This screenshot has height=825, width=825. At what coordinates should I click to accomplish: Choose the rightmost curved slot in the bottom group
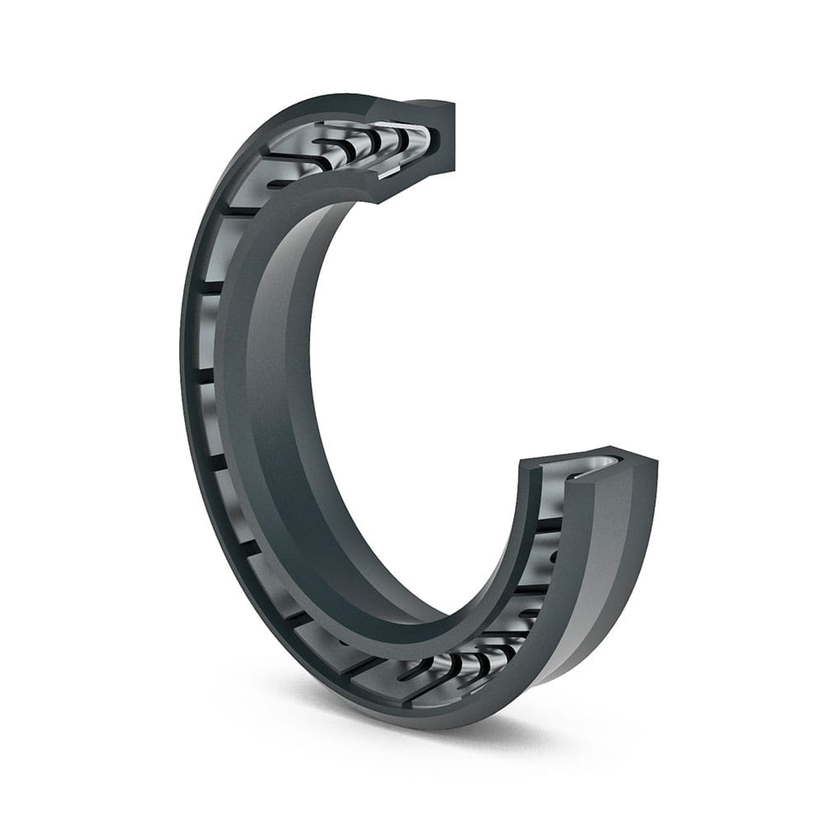point(495,660)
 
